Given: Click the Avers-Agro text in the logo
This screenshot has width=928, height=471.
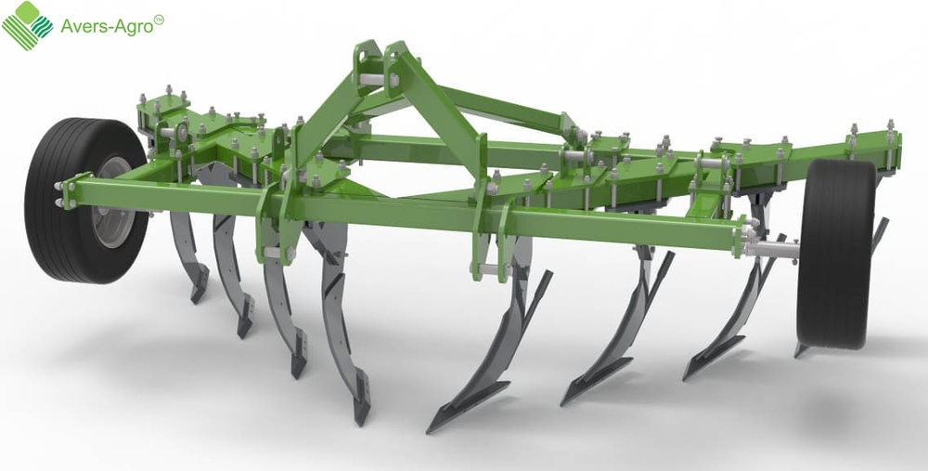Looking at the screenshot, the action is pos(107,26).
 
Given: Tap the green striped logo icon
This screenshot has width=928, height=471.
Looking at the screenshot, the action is pos(27,25).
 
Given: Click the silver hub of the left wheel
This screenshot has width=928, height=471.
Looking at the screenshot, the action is pos(113,203).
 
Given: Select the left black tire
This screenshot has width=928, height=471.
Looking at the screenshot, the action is pos(85,201).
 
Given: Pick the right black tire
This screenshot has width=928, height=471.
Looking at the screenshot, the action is pos(836,254).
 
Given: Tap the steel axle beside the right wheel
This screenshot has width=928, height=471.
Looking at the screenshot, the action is pos(772,249).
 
